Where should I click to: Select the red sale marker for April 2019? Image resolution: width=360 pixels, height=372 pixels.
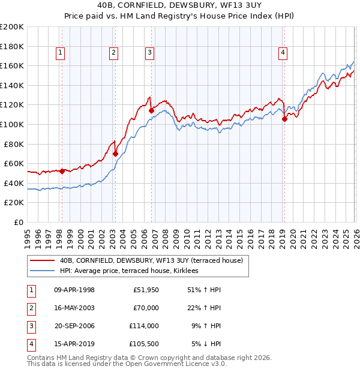(284, 119)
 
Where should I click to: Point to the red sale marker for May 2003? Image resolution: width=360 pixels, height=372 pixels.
(115, 154)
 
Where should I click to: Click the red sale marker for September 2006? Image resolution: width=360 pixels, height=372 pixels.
(151, 110)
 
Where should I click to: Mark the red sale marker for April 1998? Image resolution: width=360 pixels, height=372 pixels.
(62, 171)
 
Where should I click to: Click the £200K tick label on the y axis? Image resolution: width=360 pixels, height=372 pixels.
(12, 27)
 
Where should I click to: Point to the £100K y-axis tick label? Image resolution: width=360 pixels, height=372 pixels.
(12, 124)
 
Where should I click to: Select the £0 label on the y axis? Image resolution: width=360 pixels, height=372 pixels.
(19, 222)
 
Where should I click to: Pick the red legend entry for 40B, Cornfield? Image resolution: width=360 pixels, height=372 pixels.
(151, 260)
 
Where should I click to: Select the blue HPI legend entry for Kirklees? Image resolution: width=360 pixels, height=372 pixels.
(133, 271)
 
